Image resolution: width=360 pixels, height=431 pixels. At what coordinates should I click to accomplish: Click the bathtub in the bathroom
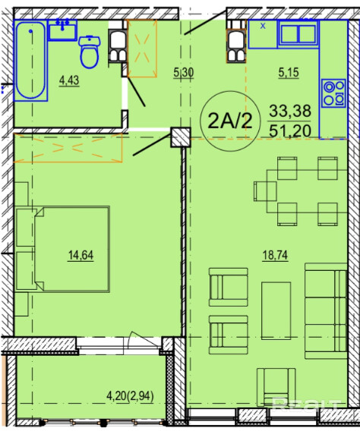30,61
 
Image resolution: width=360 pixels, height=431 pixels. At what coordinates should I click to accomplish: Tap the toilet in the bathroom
90,52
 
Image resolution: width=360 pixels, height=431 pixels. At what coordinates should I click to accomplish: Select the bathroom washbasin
62,30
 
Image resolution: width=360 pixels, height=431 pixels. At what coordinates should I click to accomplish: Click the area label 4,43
69,80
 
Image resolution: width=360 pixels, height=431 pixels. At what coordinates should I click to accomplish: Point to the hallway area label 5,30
184,73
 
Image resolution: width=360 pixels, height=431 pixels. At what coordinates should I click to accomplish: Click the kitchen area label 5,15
289,73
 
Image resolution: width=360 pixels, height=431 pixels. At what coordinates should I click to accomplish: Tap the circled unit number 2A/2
230,121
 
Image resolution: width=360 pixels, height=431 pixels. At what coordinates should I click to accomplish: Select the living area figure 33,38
290,111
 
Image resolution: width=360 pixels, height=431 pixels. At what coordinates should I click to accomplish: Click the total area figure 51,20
290,131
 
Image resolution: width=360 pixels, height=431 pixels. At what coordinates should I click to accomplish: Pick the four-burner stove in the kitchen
333,93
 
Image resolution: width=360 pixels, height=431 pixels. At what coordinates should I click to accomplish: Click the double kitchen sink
298,34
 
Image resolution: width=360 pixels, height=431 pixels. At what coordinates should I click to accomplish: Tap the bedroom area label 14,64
81,255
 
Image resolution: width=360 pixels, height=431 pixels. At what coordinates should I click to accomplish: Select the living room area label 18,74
275,255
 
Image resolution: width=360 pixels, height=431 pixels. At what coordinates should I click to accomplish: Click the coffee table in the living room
276,310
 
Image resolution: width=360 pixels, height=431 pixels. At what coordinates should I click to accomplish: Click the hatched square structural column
181,137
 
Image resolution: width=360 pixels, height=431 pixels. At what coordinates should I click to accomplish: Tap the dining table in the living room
307,191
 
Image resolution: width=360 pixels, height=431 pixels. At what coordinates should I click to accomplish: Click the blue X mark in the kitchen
264,26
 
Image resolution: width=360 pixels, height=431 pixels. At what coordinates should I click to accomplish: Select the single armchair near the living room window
276,387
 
